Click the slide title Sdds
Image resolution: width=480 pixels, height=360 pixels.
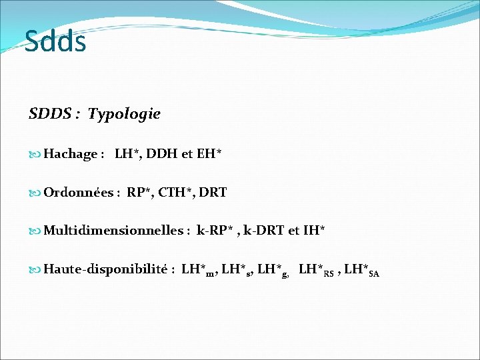click(55, 41)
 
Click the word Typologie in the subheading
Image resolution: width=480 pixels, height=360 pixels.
click(124, 114)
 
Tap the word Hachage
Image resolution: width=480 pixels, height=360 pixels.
click(70, 154)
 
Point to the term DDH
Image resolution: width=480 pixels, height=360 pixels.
click(162, 154)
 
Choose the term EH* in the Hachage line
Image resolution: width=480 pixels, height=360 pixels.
click(209, 154)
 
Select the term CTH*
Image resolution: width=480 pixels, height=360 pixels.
click(176, 193)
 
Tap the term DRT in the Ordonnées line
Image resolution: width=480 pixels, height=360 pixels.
click(213, 193)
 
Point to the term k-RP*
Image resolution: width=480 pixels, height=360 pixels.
click(215, 231)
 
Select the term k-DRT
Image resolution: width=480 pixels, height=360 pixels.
click(265, 231)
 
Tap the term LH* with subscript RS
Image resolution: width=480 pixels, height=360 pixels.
click(316, 270)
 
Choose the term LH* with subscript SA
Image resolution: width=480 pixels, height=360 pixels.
click(361, 270)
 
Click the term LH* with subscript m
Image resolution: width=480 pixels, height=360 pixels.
click(199, 270)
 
